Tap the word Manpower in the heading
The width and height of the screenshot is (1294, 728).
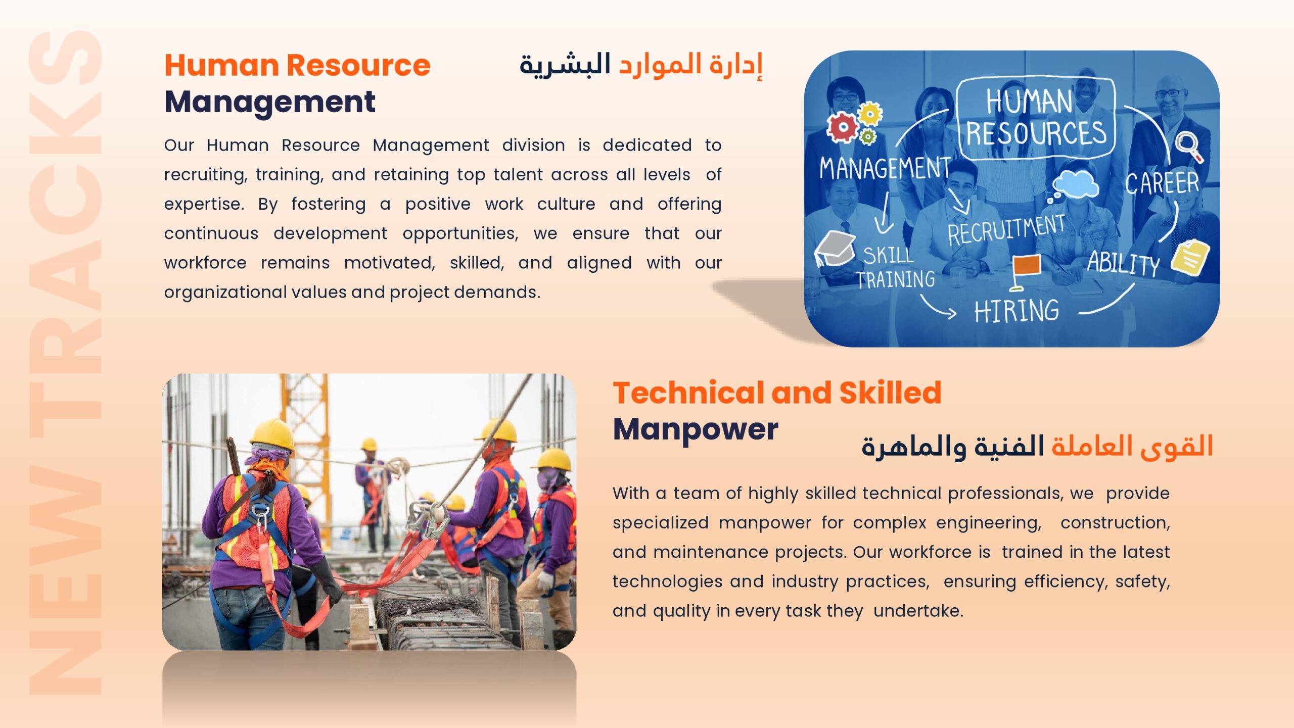click(x=696, y=430)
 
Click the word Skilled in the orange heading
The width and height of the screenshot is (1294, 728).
click(x=891, y=393)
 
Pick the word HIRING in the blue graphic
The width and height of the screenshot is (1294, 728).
click(x=1016, y=311)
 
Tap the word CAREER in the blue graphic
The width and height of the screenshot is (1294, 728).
click(x=1162, y=183)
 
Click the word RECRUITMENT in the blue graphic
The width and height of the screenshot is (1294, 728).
click(x=1006, y=230)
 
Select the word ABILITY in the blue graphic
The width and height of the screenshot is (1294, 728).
click(x=1124, y=263)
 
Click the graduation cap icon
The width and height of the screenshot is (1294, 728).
click(x=834, y=248)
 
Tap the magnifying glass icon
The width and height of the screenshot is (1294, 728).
click(x=1189, y=147)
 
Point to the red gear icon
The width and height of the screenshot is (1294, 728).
click(x=842, y=126)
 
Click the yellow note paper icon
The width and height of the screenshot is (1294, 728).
click(x=1190, y=258)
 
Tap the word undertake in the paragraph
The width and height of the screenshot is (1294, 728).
click(x=918, y=611)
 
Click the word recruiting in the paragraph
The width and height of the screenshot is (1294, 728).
click(x=206, y=175)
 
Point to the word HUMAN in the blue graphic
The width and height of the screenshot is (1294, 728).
click(x=1029, y=101)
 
